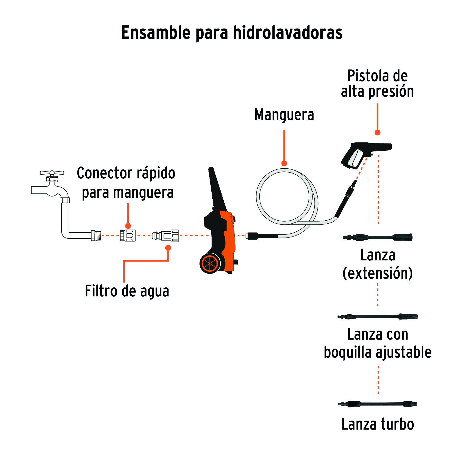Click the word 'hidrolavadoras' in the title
288,33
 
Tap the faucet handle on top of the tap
52,173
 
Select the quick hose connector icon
128,235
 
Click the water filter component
166,235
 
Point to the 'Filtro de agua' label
127,291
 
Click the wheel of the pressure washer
210,264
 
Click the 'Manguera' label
284,115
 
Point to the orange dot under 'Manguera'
284,163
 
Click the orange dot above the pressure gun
377,133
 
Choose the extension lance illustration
378,237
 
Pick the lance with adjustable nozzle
378,317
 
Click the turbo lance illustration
378,404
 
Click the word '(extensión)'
378,273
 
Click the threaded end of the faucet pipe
96,235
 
